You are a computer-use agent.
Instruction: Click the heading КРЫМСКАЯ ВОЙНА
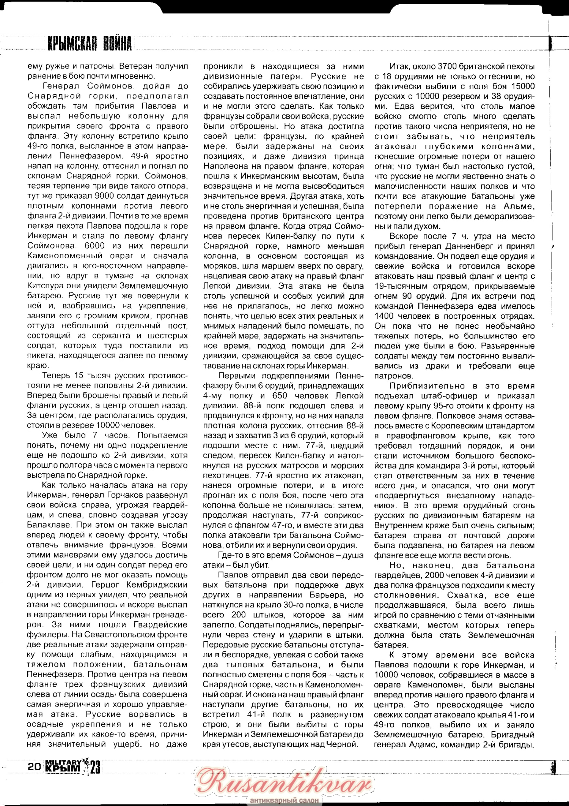coord(90,44)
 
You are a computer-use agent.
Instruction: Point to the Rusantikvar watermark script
coord(285,781)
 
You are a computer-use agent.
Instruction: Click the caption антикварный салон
coord(284,800)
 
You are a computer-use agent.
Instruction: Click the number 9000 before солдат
coord(105,196)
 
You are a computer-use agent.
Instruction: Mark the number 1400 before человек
coord(385,316)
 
